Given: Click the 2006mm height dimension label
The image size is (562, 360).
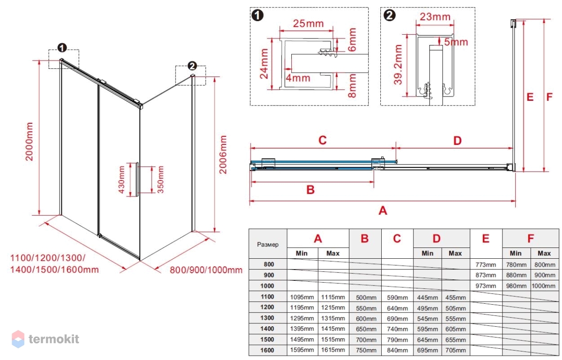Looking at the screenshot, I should (223, 155).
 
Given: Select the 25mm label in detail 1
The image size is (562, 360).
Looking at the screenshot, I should (308, 22).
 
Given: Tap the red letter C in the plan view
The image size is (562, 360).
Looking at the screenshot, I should (322, 140).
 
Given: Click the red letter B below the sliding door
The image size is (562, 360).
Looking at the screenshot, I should (310, 189).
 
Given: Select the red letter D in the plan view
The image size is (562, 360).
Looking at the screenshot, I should (458, 140).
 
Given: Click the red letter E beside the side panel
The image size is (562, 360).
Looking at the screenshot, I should (530, 97).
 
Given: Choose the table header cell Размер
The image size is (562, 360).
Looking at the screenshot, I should (268, 244).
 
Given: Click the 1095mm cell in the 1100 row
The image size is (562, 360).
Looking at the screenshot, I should (302, 297).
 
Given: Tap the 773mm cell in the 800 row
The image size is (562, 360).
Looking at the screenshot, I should (486, 265).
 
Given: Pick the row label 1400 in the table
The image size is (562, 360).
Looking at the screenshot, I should (268, 329).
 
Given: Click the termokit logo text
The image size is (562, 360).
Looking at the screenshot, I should (54, 339).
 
